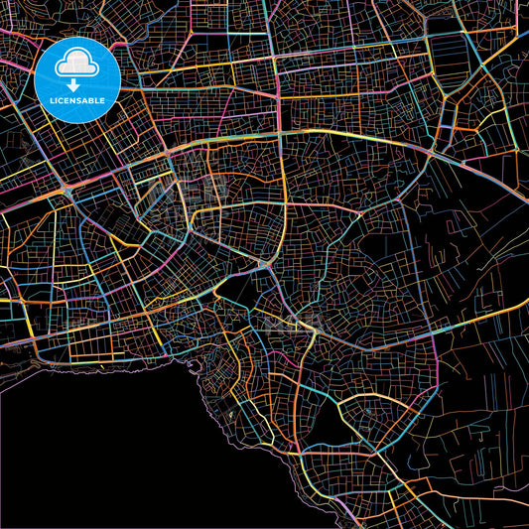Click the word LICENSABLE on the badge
(77, 101)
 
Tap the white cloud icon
(77, 63)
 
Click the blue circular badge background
(50, 79)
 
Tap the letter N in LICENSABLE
(74, 101)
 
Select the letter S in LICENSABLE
(80, 101)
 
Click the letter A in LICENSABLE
(86, 101)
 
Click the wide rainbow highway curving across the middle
(298, 134)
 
